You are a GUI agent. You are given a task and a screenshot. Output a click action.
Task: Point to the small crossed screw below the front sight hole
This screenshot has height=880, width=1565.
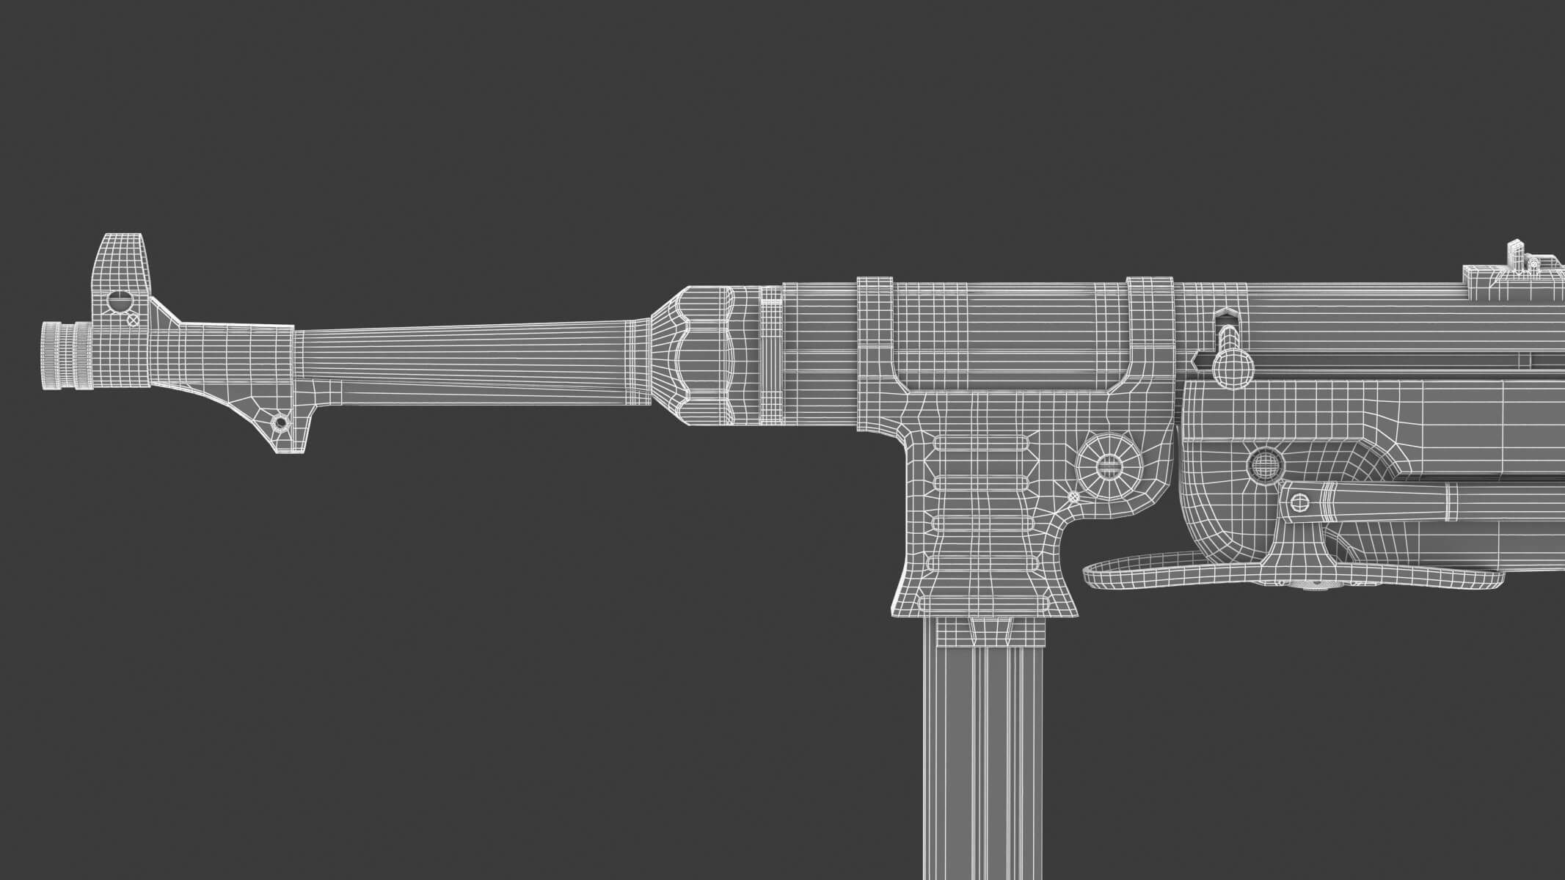pyautogui.click(x=134, y=320)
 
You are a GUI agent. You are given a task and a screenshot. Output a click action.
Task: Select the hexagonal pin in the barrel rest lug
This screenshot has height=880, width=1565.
pyautogui.click(x=279, y=422)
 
